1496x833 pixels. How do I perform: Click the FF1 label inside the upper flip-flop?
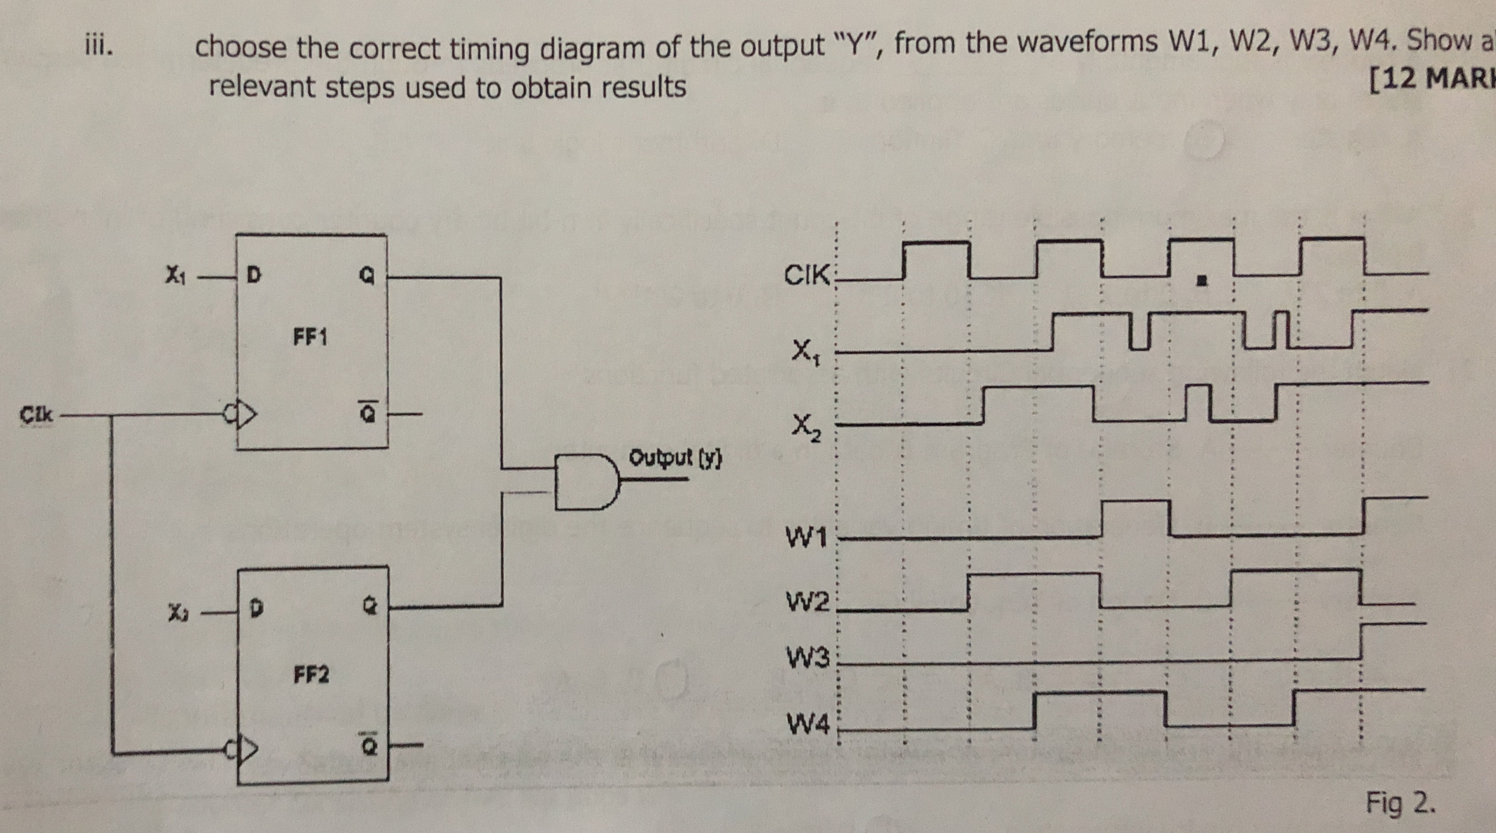[310, 338]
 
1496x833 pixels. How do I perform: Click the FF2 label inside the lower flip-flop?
[311, 675]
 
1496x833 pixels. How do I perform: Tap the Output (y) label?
[676, 458]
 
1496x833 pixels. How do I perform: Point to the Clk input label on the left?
[36, 415]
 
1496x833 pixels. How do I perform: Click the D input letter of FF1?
[253, 275]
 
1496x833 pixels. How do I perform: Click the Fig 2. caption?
[1400, 803]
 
